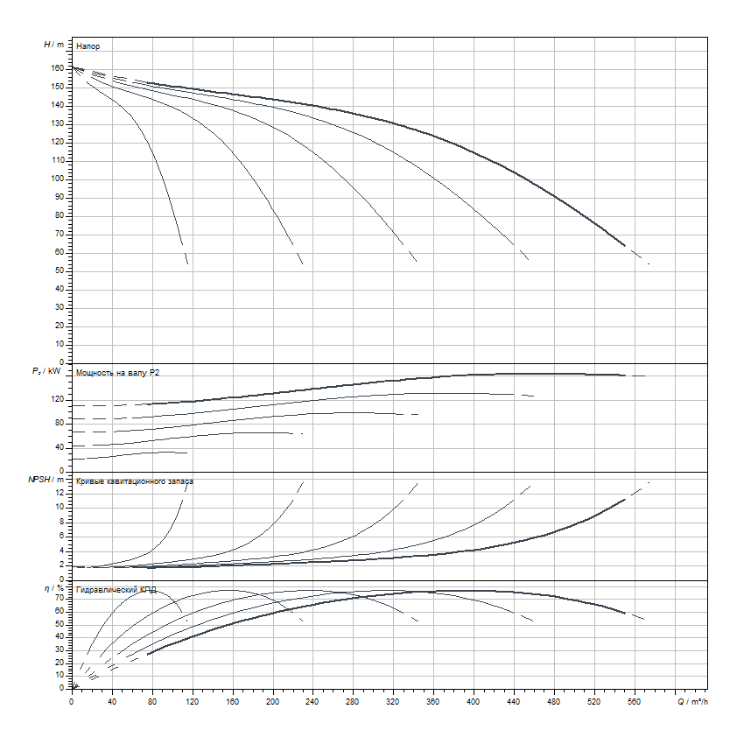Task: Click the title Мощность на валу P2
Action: point(117,373)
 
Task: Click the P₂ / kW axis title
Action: point(49,372)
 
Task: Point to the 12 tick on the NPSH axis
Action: point(61,493)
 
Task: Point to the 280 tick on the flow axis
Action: point(353,701)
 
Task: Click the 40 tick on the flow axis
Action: point(112,701)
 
